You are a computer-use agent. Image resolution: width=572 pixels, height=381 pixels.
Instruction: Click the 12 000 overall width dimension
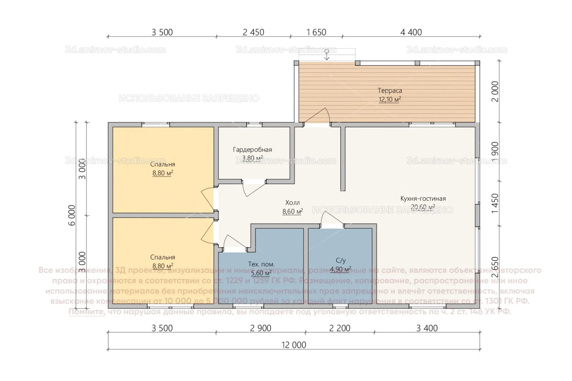tap(293, 345)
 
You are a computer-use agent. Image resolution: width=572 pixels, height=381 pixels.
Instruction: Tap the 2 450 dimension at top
tap(253, 32)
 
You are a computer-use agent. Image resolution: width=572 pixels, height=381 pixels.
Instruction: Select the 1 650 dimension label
tap(316, 32)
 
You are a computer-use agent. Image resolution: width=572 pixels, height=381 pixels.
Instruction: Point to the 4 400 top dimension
tap(411, 32)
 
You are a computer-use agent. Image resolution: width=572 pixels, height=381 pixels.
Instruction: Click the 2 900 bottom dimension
tap(261, 328)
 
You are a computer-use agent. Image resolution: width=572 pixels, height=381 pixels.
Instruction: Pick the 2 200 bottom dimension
tap(340, 328)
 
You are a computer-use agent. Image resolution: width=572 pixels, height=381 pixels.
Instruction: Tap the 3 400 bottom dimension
tap(427, 328)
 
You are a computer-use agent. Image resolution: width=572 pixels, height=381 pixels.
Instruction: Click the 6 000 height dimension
tap(72, 215)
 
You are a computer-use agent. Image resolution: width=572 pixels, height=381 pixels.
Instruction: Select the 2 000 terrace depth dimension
tap(495, 91)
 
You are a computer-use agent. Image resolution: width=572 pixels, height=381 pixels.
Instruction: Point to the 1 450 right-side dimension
tap(495, 203)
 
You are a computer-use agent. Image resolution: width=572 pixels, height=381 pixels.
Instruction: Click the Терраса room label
tap(390, 91)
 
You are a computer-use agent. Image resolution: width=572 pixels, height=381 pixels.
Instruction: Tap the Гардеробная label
tap(252, 150)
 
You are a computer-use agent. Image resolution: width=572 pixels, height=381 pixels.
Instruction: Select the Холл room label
tap(292, 202)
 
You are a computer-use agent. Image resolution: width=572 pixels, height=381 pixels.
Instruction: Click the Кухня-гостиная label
tap(423, 199)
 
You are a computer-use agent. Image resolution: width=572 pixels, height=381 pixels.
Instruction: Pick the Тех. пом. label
tap(261, 264)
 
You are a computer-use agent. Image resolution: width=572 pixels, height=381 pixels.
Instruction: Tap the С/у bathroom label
tap(340, 260)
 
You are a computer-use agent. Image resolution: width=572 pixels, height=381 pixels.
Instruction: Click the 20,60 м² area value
tap(423, 207)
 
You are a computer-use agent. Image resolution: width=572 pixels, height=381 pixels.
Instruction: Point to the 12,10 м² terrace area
tap(390, 99)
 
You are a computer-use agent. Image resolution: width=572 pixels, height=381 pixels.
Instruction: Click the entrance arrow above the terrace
tap(327, 55)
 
